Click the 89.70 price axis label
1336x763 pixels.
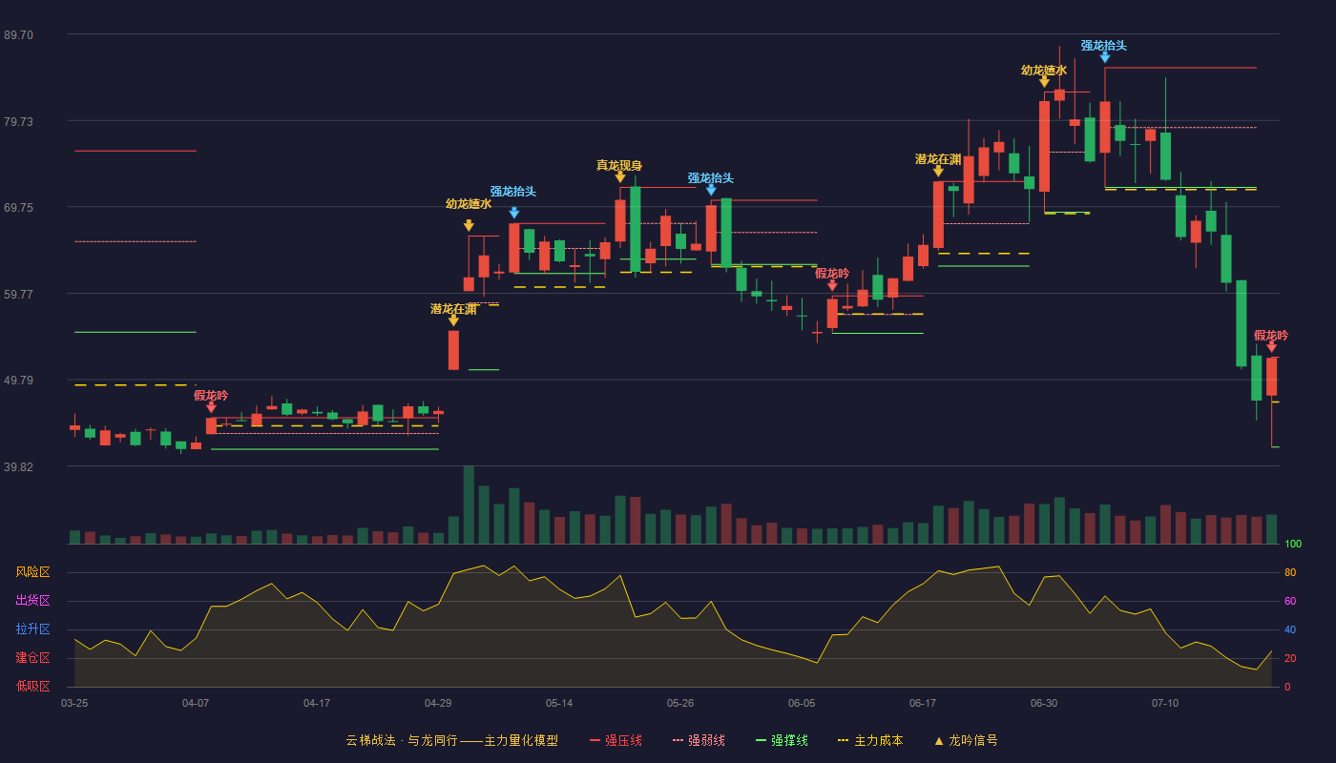(x=18, y=35)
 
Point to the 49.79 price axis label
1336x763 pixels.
(x=18, y=381)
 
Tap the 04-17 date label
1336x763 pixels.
(x=317, y=704)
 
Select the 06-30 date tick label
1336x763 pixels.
(x=1044, y=704)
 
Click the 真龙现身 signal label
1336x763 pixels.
(x=619, y=165)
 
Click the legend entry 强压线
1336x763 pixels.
(x=616, y=740)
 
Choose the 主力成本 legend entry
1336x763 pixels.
(x=870, y=740)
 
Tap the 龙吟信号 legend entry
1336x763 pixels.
(x=966, y=740)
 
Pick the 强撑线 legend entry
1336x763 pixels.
(x=782, y=740)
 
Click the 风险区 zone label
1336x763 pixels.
(x=32, y=572)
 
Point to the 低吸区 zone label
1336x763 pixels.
(x=32, y=687)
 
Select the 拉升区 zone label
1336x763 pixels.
(x=32, y=629)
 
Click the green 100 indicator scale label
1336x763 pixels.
(x=1293, y=544)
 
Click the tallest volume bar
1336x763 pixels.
(x=469, y=505)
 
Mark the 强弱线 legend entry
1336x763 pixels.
(x=699, y=740)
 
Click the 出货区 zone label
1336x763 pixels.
(x=32, y=601)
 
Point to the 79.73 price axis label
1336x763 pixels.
(x=18, y=122)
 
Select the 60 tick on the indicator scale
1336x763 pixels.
(x=1290, y=601)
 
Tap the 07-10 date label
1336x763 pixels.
(x=1165, y=704)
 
